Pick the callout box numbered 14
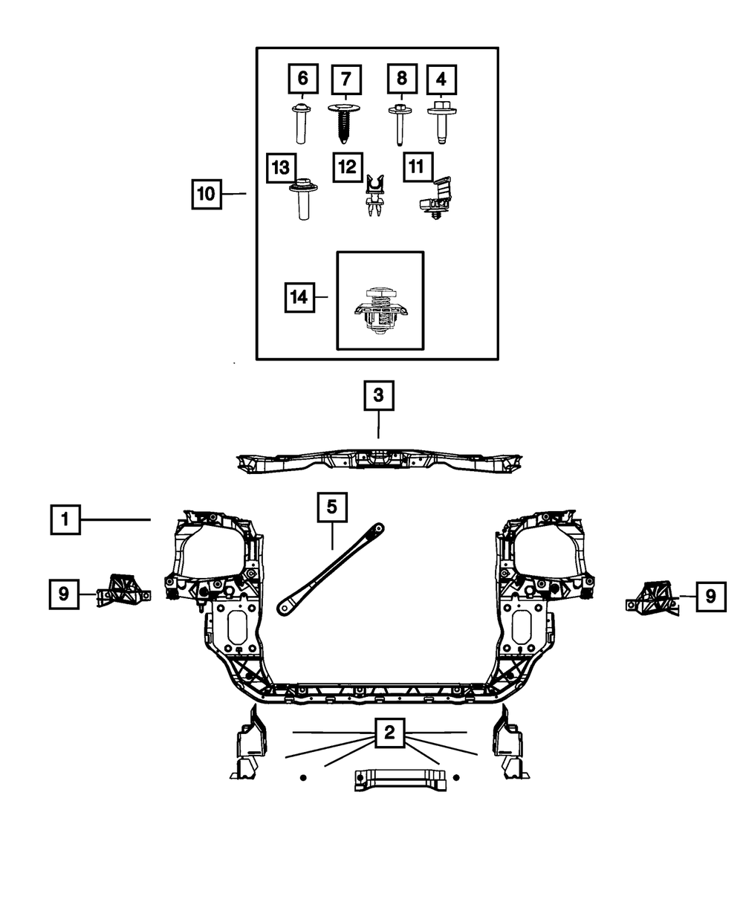click(299, 297)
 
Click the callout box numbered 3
click(378, 395)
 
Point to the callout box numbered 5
click(331, 507)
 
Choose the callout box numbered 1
click(65, 519)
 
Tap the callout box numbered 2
click(389, 733)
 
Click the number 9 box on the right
click(710, 596)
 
